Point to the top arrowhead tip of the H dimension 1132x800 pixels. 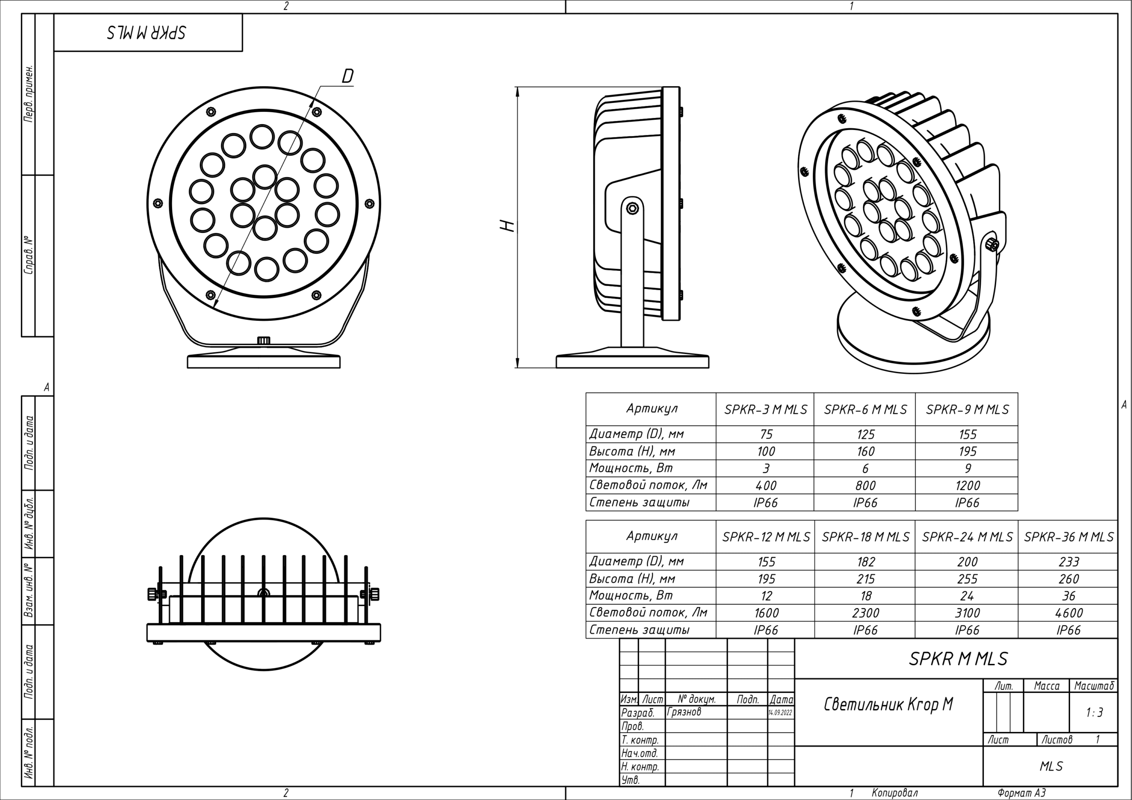coord(517,87)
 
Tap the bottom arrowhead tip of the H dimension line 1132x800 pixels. coord(517,368)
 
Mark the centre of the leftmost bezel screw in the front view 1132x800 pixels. coord(158,203)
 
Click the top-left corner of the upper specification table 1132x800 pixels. coord(586,393)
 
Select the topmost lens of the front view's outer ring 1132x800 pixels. coord(262,137)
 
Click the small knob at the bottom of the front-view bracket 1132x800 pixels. coord(264,340)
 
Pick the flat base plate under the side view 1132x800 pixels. coord(633,362)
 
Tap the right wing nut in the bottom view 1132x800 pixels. coord(374,594)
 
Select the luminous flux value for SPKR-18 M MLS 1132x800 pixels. coord(866,613)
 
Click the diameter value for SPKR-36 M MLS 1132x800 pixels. coord(1068,562)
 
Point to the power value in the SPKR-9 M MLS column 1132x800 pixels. coord(968,468)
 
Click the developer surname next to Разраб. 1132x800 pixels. coord(684,712)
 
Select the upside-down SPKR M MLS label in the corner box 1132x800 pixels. coord(146,33)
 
